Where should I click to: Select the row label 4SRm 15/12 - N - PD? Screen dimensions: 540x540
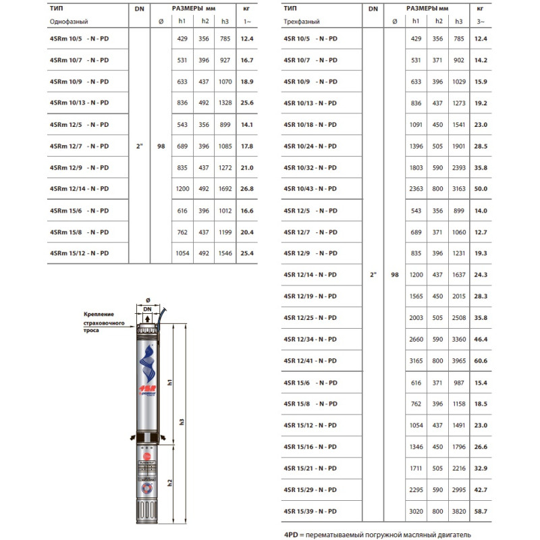(x=79, y=252)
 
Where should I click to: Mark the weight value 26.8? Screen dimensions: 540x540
(x=246, y=188)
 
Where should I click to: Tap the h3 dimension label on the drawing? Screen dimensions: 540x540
(x=182, y=421)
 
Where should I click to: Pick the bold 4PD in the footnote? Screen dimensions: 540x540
(x=291, y=533)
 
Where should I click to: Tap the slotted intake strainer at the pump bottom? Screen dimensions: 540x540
(x=147, y=511)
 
